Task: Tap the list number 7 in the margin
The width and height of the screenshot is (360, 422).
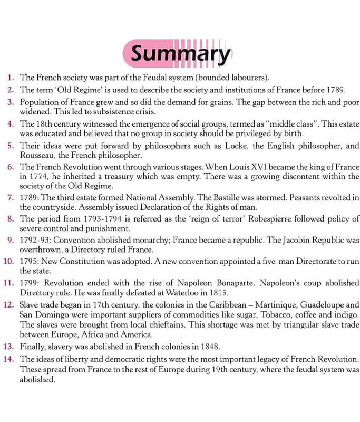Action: [x=11, y=198]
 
